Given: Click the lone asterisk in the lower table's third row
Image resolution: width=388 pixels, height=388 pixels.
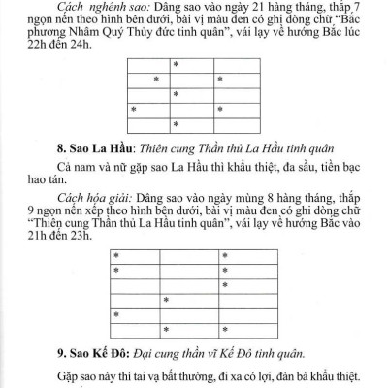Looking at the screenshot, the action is coord(224,284).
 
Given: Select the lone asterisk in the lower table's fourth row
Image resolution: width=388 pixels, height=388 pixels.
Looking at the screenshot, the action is coord(166,299).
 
